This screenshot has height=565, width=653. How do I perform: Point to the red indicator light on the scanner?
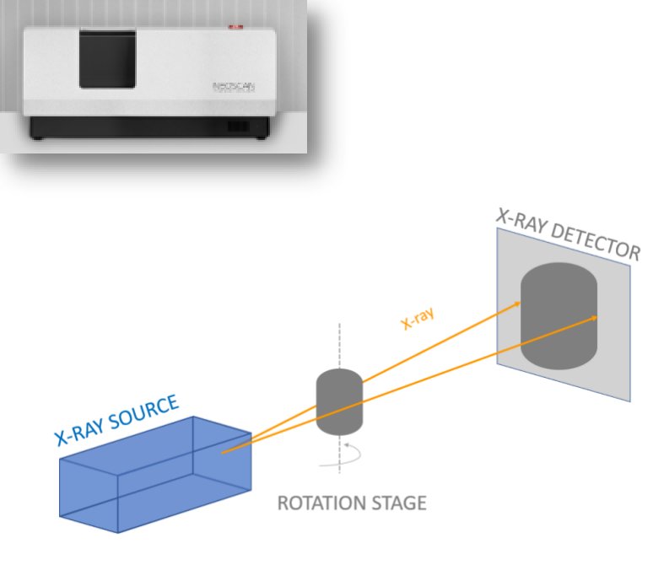[x=234, y=28]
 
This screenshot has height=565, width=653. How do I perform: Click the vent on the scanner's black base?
[x=238, y=127]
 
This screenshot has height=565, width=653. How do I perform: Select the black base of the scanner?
[x=149, y=128]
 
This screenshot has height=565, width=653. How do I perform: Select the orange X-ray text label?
[x=417, y=317]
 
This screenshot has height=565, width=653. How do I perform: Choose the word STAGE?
[x=399, y=504]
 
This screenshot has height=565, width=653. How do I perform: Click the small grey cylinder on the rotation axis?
[x=338, y=401]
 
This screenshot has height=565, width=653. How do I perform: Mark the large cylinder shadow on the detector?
[x=558, y=316]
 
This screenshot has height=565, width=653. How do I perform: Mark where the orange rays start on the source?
[x=224, y=452]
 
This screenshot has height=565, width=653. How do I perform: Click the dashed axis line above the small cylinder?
[x=339, y=346]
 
